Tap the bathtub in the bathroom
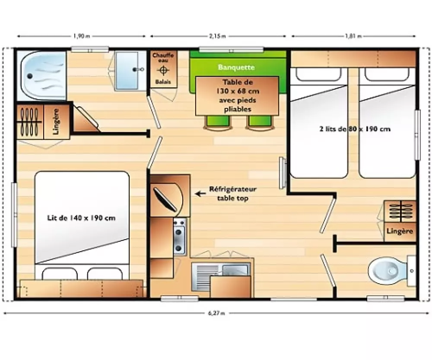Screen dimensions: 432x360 pyautogui.click(x=41, y=76)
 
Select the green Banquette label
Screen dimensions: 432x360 pyautogui.click(x=236, y=67)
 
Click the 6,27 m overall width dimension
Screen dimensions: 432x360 pyautogui.click(x=216, y=313)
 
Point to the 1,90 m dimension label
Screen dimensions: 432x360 pyautogui.click(x=82, y=36)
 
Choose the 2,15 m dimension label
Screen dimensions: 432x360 pyautogui.click(x=218, y=36)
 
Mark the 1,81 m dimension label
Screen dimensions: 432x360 pyautogui.click(x=353, y=36)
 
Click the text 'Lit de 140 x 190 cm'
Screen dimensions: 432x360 pyautogui.click(x=81, y=218)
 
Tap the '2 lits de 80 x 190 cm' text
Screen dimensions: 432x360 pyautogui.click(x=355, y=129)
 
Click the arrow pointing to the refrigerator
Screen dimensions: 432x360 pyautogui.click(x=200, y=194)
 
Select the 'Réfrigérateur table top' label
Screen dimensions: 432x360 pyautogui.click(x=233, y=194)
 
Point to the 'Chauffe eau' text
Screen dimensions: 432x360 pyautogui.click(x=163, y=57)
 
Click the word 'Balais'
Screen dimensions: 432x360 pyautogui.click(x=163, y=82)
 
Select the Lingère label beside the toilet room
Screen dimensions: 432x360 pyautogui.click(x=400, y=231)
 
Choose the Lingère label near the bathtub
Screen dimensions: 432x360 pyautogui.click(x=56, y=121)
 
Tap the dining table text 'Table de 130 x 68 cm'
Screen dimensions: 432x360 pyautogui.click(x=237, y=86)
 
